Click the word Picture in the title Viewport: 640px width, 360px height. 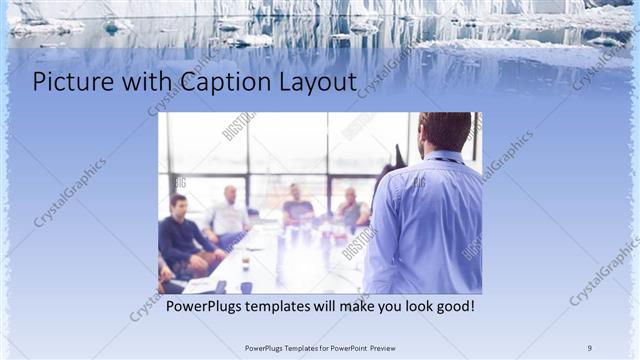69,82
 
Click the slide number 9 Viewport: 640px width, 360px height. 589,347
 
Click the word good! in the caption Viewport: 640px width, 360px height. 452,305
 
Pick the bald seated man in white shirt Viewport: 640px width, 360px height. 229,215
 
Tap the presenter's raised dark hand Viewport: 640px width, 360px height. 399,155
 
